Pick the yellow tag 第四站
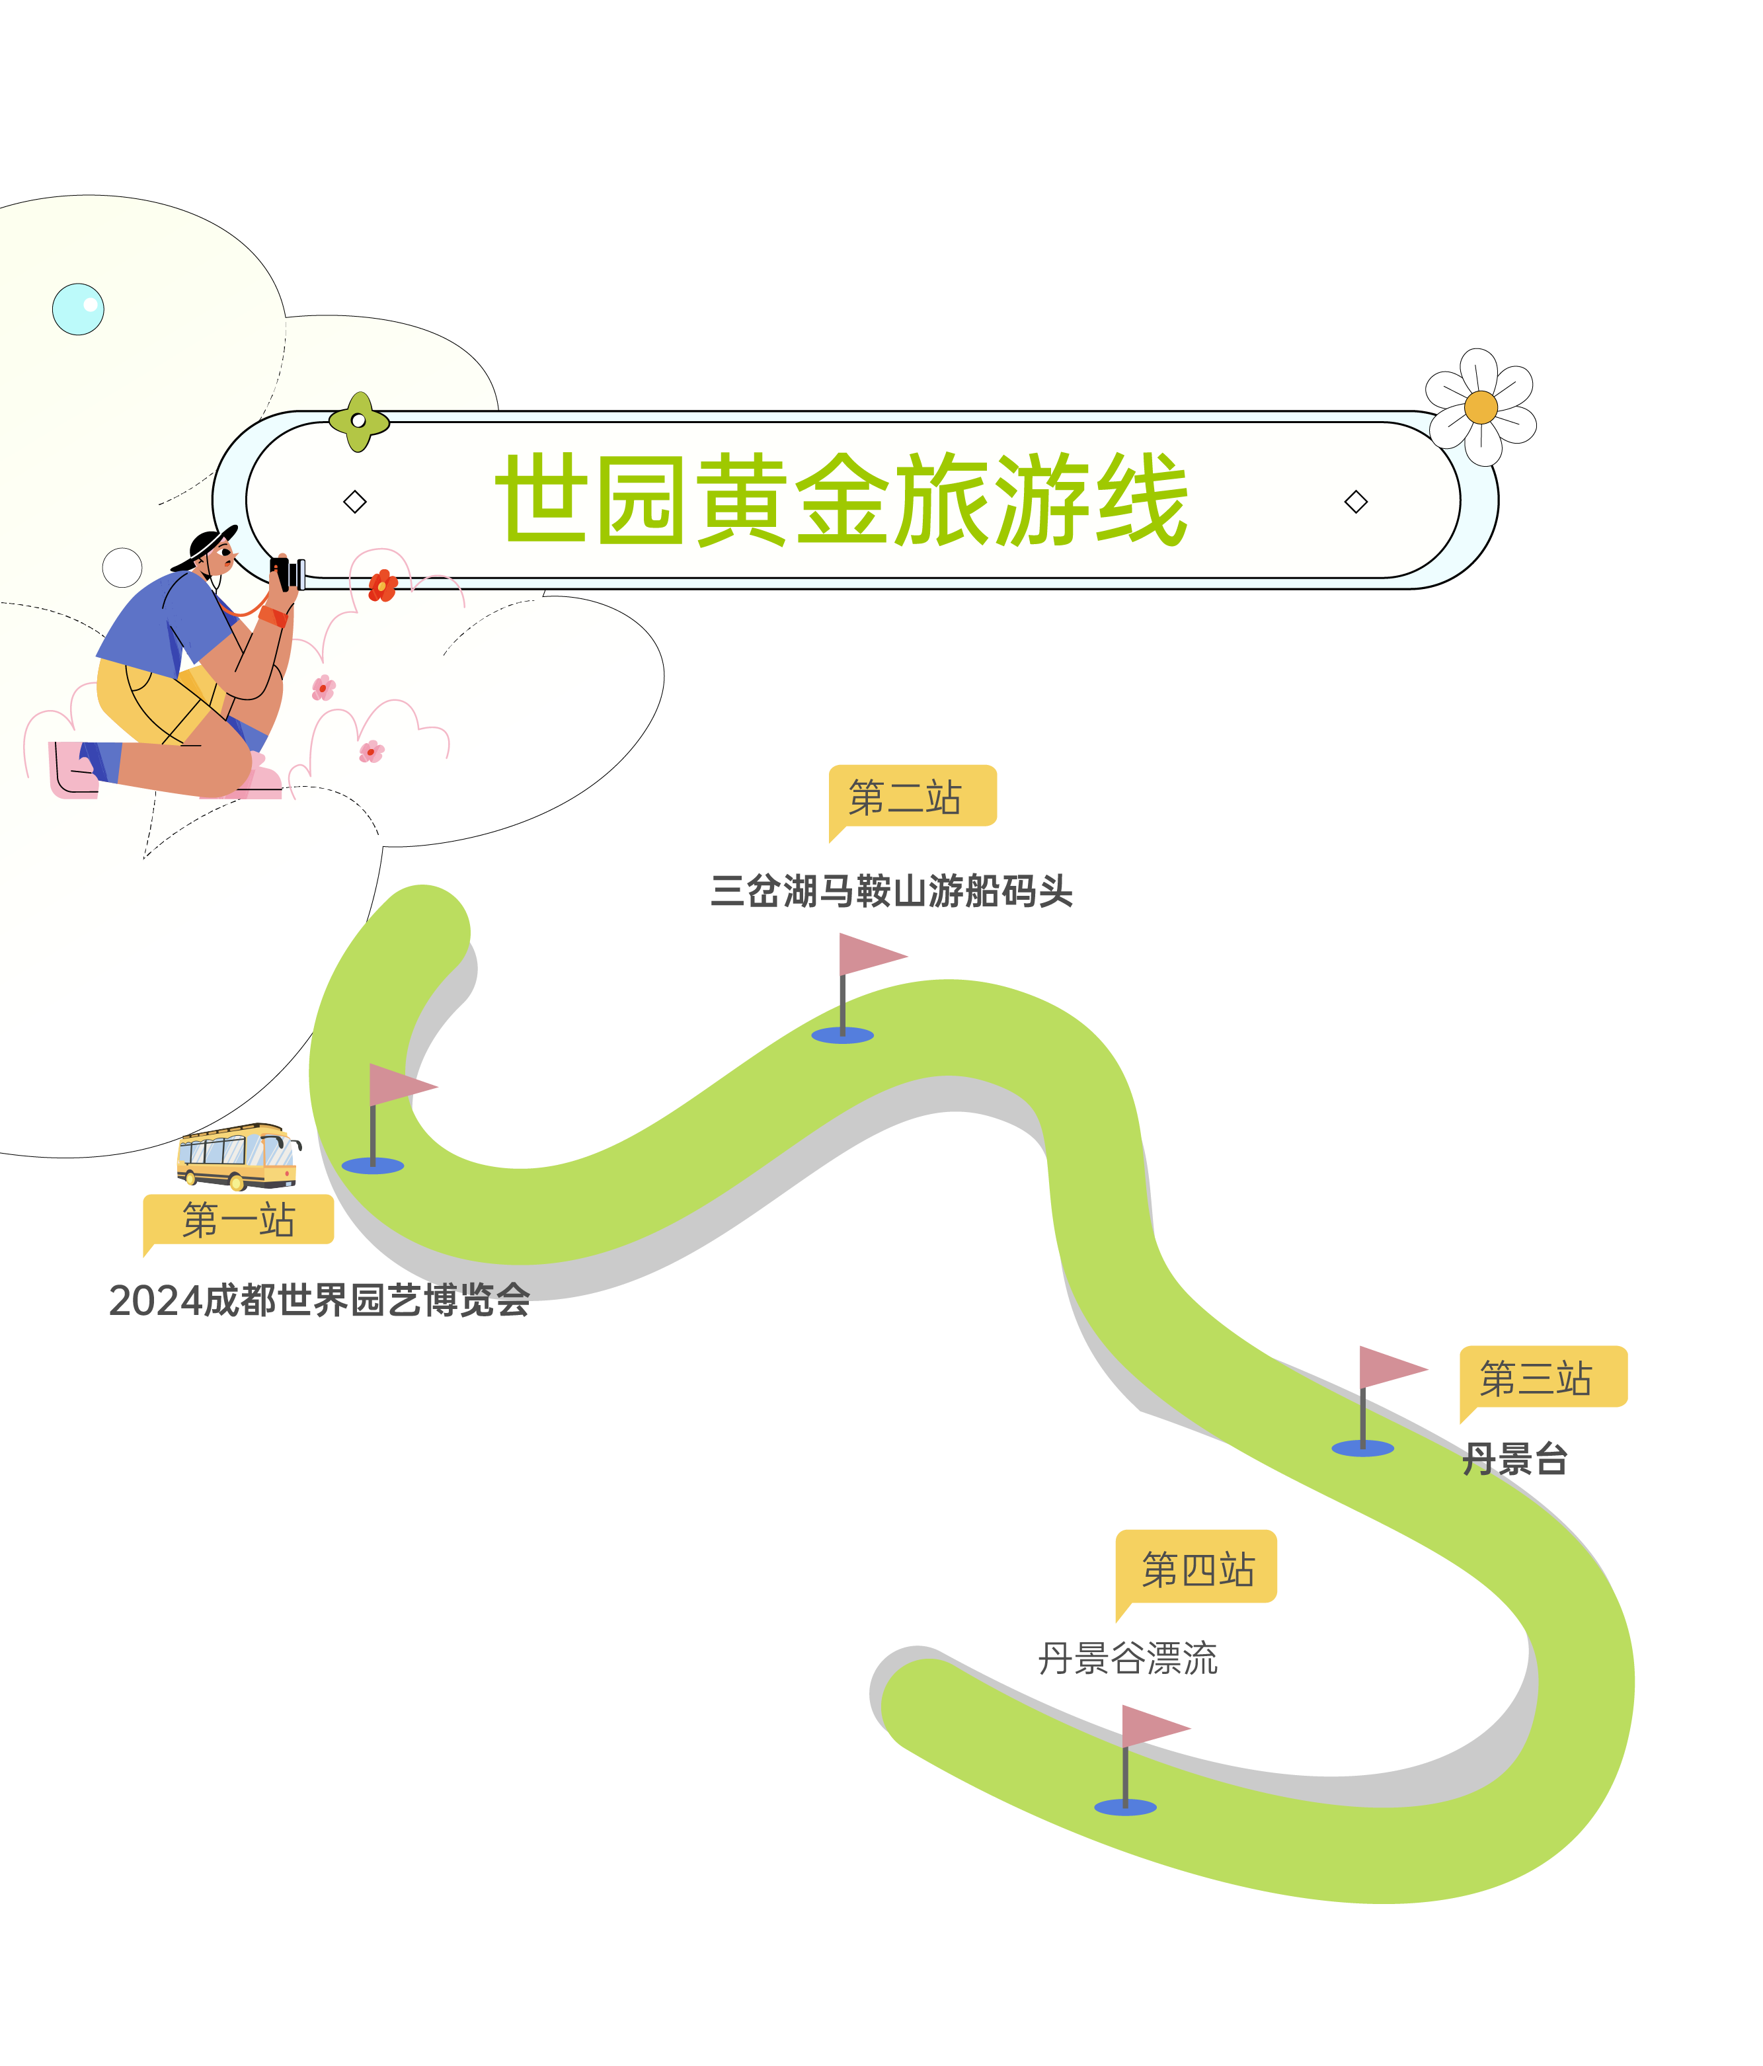(1196, 1568)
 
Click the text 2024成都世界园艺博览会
(319, 1300)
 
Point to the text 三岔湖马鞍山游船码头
(890, 891)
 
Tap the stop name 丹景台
(1514, 1459)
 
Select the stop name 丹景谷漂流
(1127, 1658)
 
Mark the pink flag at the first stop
(399, 1085)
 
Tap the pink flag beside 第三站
(1388, 1368)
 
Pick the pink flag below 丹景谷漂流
(1151, 1727)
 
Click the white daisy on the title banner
(1481, 407)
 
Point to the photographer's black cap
(208, 546)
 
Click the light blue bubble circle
(78, 309)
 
